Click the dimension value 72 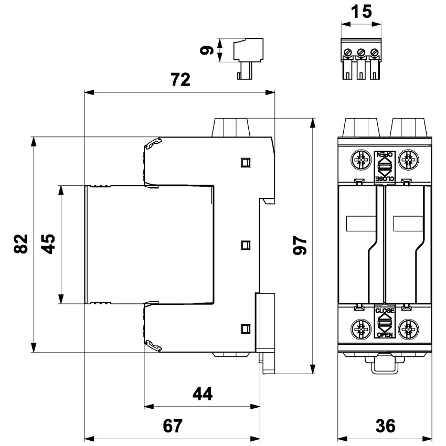click(180, 80)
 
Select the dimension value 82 click(21, 244)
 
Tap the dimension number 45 click(48, 244)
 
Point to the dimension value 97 click(300, 245)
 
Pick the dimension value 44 click(203, 394)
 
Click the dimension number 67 click(173, 426)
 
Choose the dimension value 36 click(386, 426)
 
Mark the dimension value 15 click(361, 12)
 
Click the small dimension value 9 click(207, 50)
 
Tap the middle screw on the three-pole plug click(361, 52)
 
